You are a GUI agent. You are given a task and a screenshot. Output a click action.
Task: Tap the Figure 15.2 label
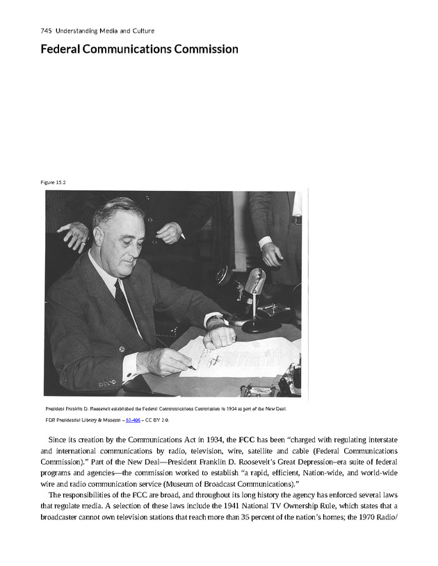coord(53,182)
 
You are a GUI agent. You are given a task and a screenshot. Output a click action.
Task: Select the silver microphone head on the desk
coord(254,281)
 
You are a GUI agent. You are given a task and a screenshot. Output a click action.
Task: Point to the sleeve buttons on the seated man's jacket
coord(107,383)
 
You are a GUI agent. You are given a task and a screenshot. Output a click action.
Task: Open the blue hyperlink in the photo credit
coord(125,420)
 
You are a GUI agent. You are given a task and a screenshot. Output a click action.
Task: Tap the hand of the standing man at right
coord(272,253)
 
